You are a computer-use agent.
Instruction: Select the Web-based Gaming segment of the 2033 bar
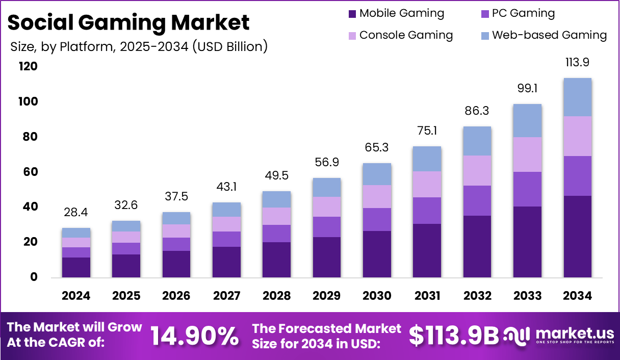coord(527,120)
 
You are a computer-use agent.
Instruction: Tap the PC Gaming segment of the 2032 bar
coord(477,200)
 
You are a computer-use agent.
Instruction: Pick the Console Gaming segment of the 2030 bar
coord(377,196)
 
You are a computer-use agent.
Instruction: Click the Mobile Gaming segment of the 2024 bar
coord(76,267)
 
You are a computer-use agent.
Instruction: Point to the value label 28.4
coord(76,212)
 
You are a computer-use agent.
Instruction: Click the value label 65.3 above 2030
coord(377,147)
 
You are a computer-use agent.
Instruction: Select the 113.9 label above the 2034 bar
coord(577,62)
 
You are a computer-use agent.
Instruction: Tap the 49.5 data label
coord(277,175)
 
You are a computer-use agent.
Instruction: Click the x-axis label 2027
coord(227,296)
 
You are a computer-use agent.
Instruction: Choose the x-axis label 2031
coord(427,296)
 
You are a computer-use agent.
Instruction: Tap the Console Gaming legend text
coord(406,35)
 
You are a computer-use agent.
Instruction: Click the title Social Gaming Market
coord(128,22)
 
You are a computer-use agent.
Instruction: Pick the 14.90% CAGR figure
coord(194,336)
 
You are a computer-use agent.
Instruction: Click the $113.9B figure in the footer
coord(454,336)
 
